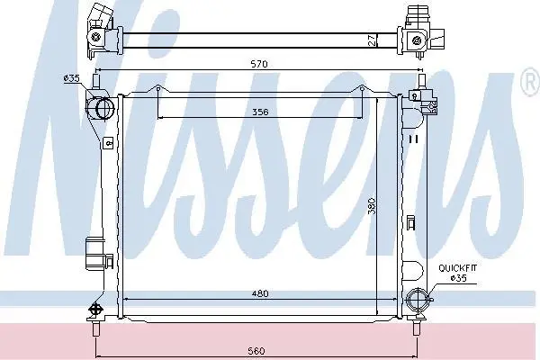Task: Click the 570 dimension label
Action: click(x=259, y=64)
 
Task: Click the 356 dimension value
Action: click(x=260, y=112)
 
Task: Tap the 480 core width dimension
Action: click(x=260, y=293)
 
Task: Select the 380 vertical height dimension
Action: click(x=372, y=206)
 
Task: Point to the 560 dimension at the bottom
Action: click(x=256, y=351)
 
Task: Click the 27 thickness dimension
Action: click(x=372, y=40)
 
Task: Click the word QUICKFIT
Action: click(x=458, y=268)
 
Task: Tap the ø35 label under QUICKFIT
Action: click(x=458, y=278)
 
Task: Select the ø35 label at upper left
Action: click(x=71, y=78)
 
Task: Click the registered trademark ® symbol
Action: click(x=531, y=82)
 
